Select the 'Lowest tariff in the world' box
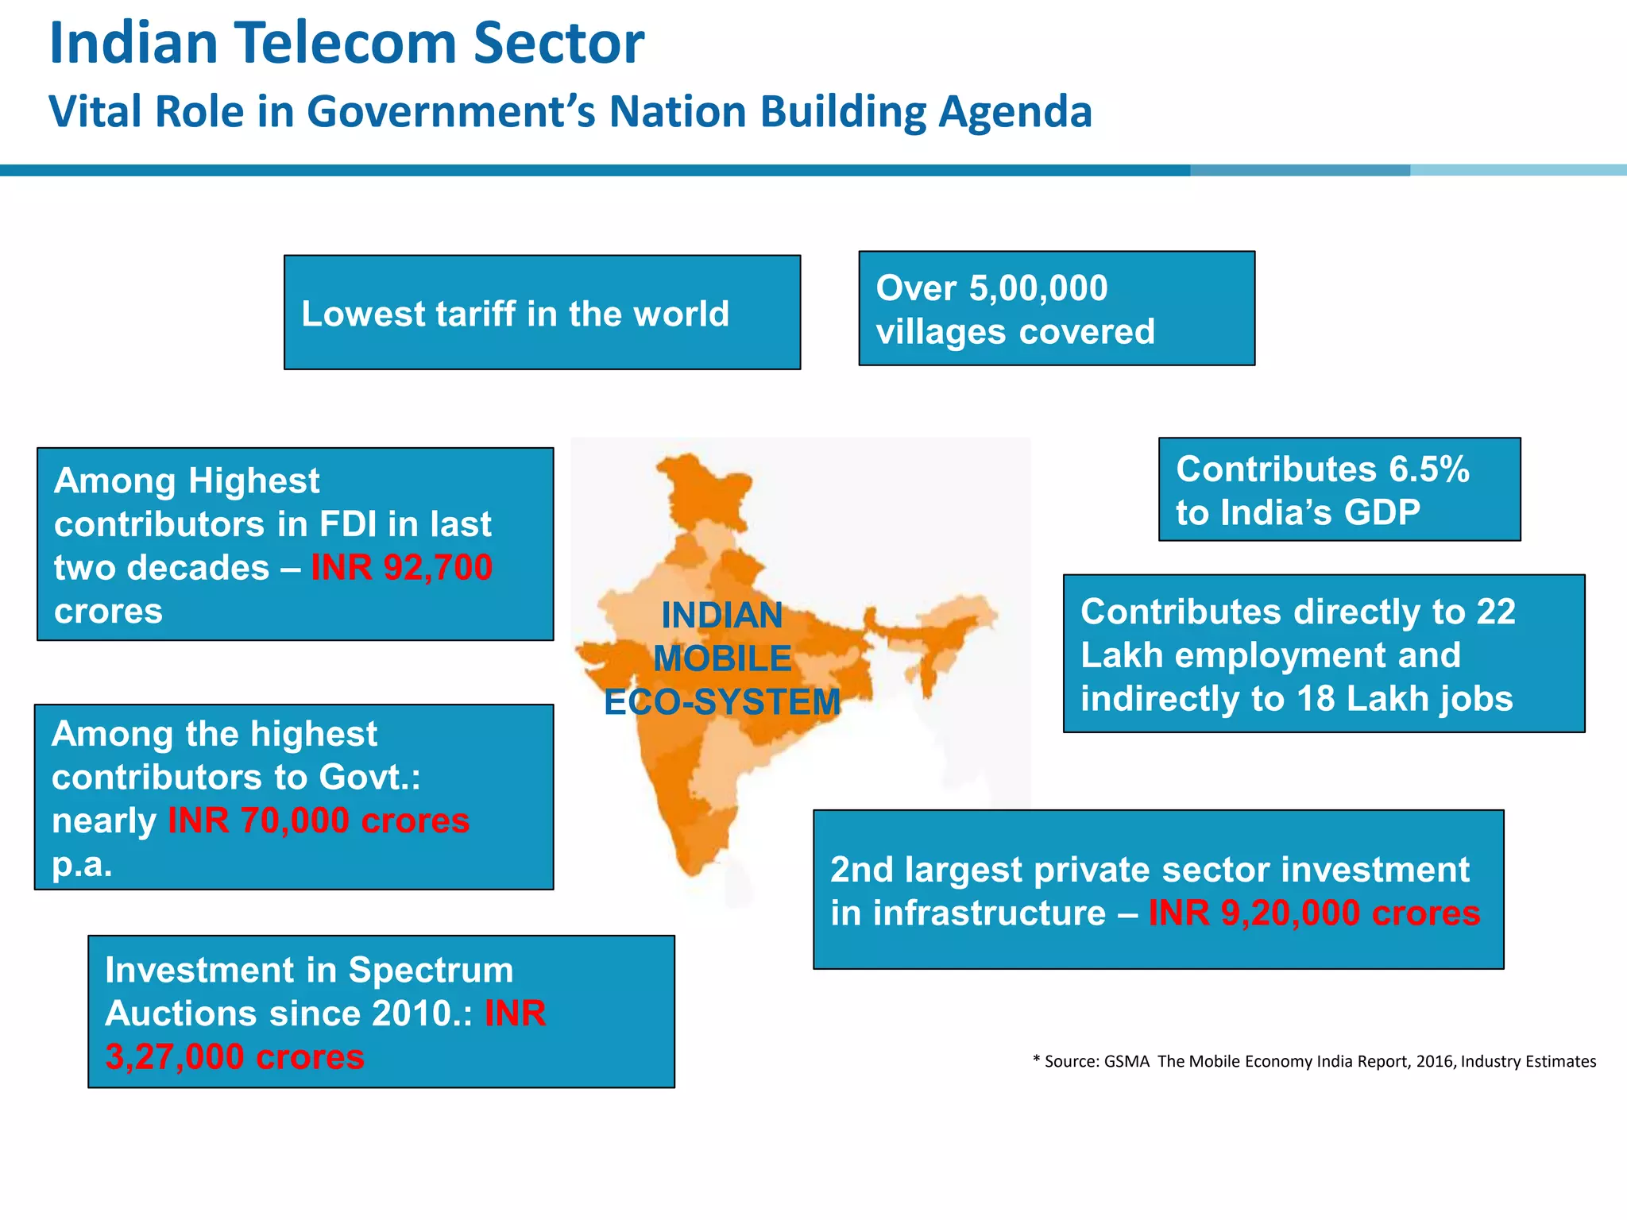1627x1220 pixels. tap(542, 313)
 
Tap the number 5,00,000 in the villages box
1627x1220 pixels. tap(1038, 288)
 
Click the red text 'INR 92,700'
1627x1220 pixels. tap(401, 568)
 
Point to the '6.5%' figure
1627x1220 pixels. tap(1429, 469)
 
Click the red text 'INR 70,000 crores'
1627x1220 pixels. tap(319, 820)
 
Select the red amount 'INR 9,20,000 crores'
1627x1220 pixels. tap(1314, 913)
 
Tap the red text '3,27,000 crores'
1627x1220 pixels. tap(234, 1057)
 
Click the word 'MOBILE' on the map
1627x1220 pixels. tap(722, 658)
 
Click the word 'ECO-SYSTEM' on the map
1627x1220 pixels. tap(722, 702)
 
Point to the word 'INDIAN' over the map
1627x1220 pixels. tap(722, 616)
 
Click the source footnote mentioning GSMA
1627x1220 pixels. tap(1314, 1061)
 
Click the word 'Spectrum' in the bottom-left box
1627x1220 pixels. tap(431, 970)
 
